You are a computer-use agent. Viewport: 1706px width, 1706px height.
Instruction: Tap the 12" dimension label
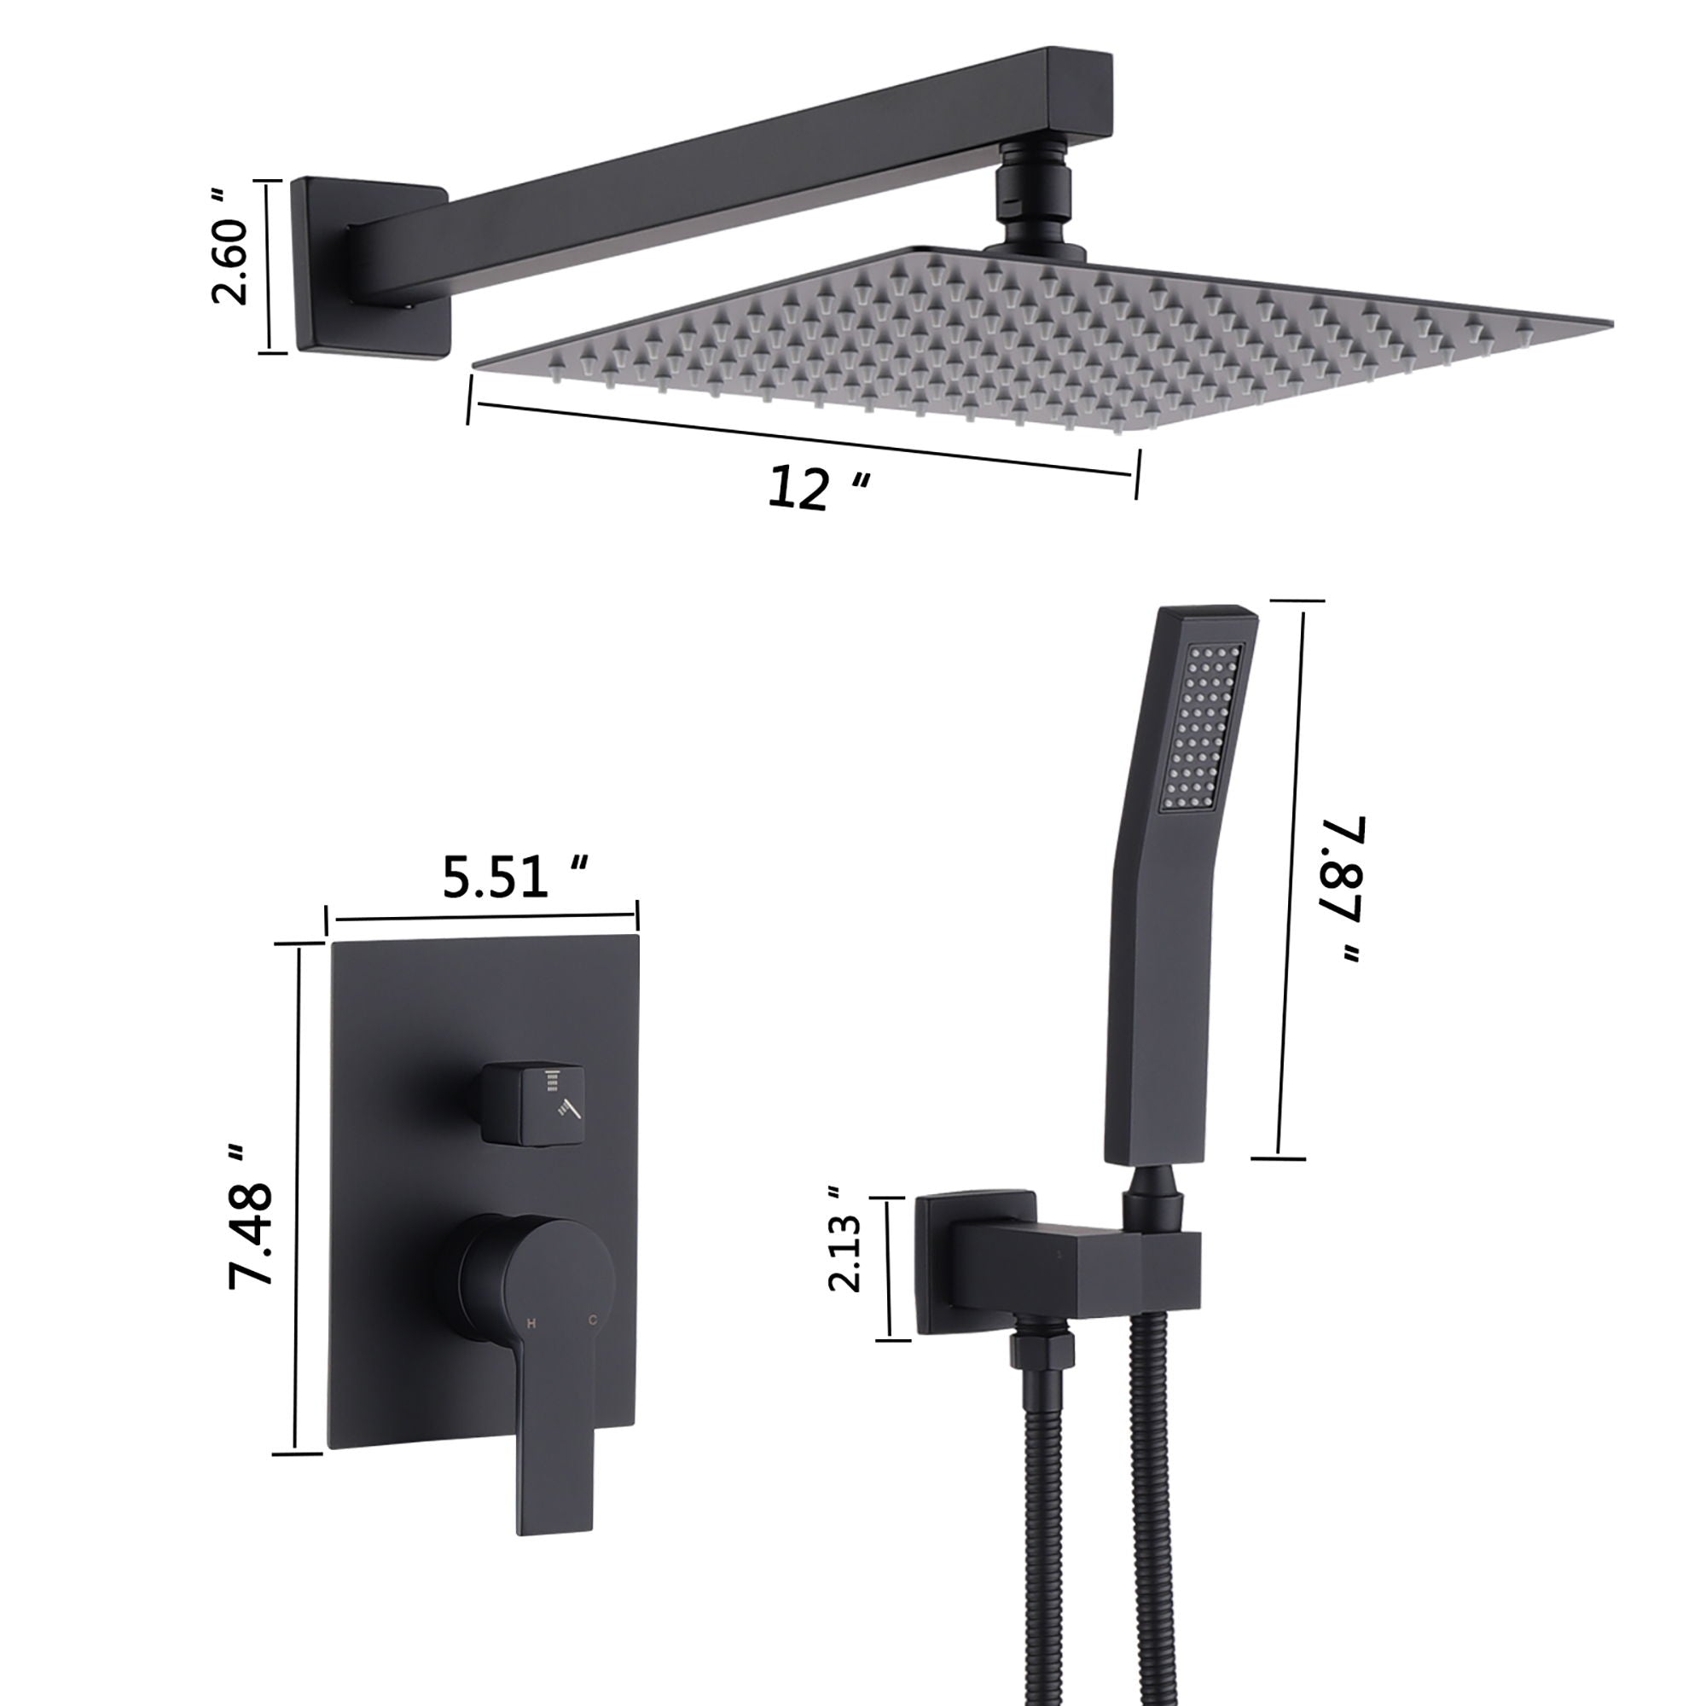point(818,488)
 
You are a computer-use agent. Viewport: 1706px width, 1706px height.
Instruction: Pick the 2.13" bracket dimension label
point(844,1254)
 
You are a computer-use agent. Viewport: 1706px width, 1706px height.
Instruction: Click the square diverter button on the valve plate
point(535,1103)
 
